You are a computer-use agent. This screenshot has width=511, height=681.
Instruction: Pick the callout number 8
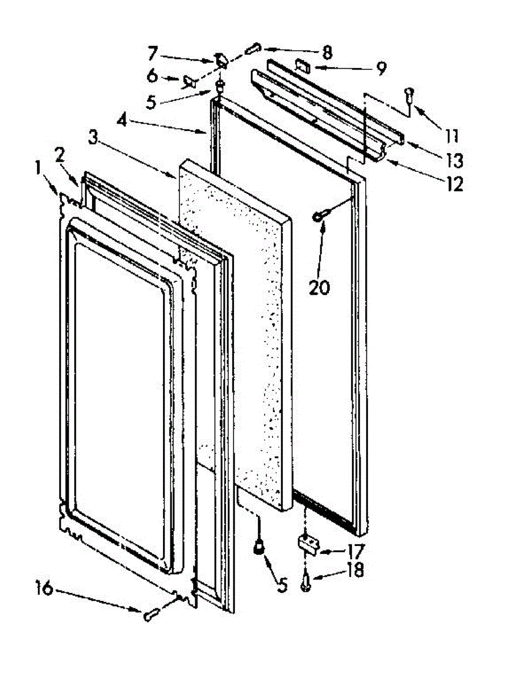point(326,53)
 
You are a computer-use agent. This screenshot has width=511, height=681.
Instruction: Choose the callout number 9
point(380,69)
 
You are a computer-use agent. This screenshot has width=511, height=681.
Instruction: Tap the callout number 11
point(451,136)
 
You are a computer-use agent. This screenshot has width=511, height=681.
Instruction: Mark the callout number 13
point(454,161)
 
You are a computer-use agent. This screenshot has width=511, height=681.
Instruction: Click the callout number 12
point(454,184)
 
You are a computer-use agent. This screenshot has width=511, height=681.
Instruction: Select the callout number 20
point(319,288)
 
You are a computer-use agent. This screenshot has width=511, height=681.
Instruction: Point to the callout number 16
point(45,588)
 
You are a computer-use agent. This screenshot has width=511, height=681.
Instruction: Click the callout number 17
point(356,550)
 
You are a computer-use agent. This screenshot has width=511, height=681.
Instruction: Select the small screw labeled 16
point(151,613)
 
